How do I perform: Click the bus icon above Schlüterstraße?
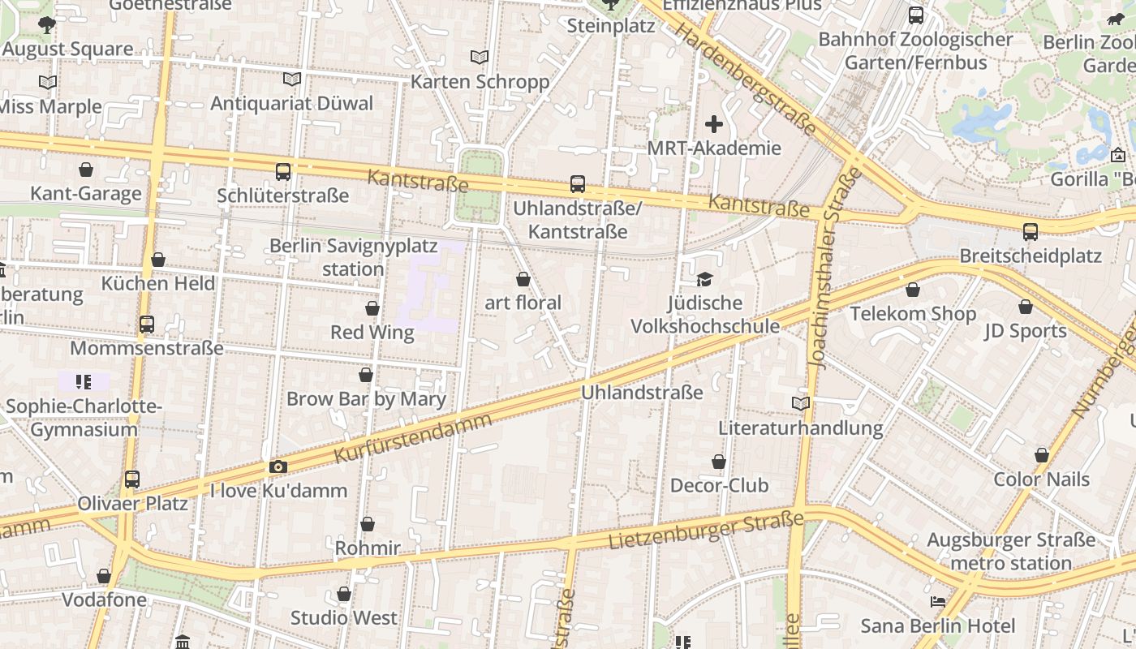[x=283, y=171]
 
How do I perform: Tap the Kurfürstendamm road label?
[x=413, y=438]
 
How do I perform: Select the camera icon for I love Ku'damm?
[x=278, y=466]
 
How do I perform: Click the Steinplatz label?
[x=611, y=25]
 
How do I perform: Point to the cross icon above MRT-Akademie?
[x=714, y=124]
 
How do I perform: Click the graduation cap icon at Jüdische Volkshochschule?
[x=704, y=279]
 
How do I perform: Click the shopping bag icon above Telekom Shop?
[x=913, y=290]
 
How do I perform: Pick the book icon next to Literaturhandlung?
[x=800, y=403]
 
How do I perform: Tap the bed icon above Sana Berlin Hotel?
[x=937, y=602]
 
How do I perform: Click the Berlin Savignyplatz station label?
[x=353, y=256]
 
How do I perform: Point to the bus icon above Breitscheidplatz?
[x=1031, y=232]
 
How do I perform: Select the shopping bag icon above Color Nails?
[x=1042, y=455]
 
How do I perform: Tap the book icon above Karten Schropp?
[x=480, y=57]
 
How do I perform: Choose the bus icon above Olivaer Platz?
[x=132, y=479]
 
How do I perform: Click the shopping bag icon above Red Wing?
[x=372, y=308]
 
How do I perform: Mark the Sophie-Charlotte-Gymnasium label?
[x=84, y=417]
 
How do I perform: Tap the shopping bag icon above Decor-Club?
[x=719, y=462]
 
